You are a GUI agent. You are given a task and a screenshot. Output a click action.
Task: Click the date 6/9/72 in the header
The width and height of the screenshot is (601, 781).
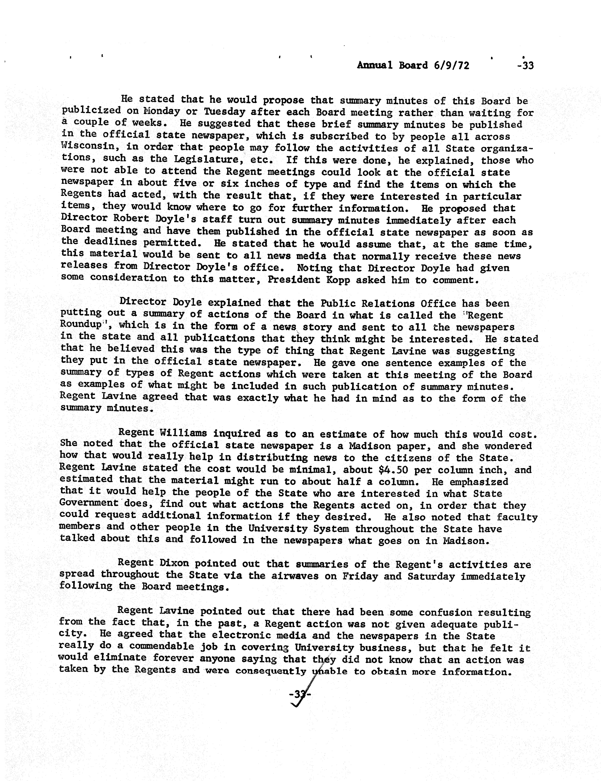pos(451,65)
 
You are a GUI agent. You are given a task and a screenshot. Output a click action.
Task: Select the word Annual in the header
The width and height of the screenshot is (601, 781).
pos(375,65)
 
